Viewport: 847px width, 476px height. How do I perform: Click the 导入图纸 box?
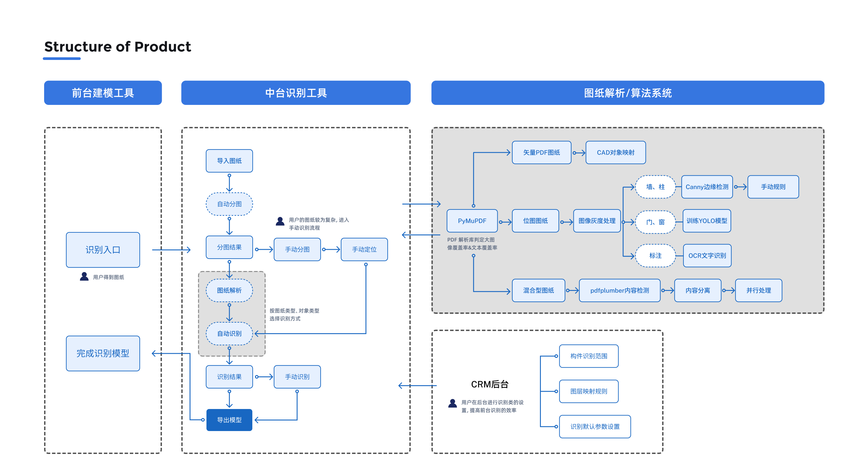[x=229, y=161]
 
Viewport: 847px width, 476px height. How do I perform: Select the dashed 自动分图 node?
[x=229, y=204]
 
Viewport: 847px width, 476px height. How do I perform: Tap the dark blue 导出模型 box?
[x=229, y=420]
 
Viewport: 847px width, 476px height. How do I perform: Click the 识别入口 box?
[x=103, y=250]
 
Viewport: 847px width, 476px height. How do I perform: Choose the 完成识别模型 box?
[x=103, y=353]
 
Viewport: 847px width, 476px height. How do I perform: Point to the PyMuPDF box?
[x=472, y=221]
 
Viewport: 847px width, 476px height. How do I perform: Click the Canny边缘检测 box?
[x=707, y=187]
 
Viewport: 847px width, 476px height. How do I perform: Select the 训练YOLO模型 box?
[x=707, y=221]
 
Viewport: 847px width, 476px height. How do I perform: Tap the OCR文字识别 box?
[x=707, y=255]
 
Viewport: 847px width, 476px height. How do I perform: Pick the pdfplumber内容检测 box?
[x=619, y=290]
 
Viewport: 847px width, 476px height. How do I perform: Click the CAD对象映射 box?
[x=616, y=152]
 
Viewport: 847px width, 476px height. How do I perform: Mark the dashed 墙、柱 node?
[x=655, y=187]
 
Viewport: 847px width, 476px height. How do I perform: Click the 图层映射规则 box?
[x=588, y=391]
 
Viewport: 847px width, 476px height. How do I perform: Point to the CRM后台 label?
[x=490, y=384]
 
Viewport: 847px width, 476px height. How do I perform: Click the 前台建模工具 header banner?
[x=103, y=93]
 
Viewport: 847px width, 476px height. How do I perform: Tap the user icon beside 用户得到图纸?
[x=84, y=276]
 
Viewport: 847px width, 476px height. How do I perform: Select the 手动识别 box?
[x=297, y=377]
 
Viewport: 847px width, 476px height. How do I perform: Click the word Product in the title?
[x=162, y=47]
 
